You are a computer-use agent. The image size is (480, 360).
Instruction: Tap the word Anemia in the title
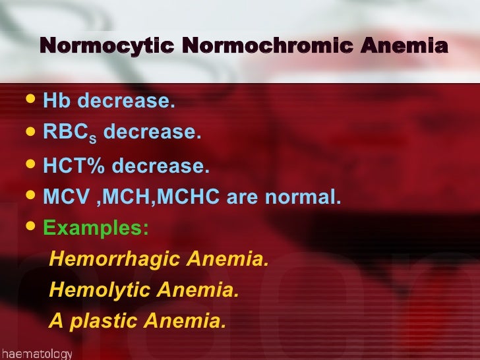point(400,47)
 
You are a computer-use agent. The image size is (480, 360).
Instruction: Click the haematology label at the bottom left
point(36,353)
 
